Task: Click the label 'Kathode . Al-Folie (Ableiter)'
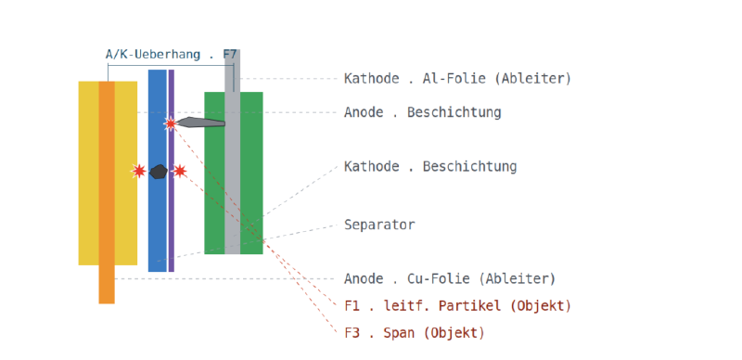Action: [x=457, y=78]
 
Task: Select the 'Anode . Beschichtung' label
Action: [x=422, y=112]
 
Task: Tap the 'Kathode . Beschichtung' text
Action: [x=430, y=167]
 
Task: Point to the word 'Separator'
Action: [x=379, y=225]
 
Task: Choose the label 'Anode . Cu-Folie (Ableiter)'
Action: [x=450, y=278]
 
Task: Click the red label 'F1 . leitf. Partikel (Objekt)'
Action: [x=457, y=306]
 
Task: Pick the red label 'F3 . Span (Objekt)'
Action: [x=414, y=333]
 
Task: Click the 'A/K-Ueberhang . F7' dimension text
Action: [x=171, y=55]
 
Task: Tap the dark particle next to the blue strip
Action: [x=158, y=172]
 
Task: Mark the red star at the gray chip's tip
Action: [x=171, y=123]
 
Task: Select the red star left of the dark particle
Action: [x=138, y=171]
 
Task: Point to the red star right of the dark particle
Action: [x=179, y=171]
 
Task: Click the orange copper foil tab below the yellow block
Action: [x=107, y=284]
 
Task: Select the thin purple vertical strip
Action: [x=172, y=171]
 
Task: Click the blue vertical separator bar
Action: [x=158, y=171]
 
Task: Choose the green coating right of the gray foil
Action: [x=251, y=173]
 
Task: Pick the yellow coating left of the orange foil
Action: [x=88, y=173]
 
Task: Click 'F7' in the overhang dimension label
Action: [x=230, y=55]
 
